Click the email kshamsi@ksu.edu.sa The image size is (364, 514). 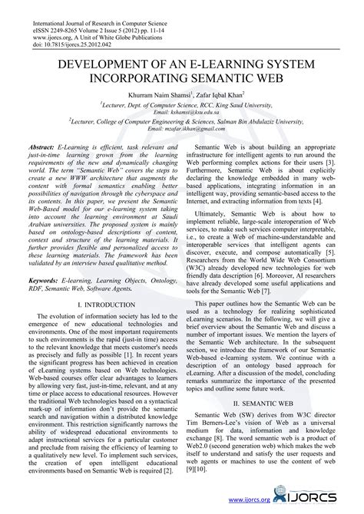pos(181,112)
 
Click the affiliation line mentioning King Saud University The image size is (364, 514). pos(182,104)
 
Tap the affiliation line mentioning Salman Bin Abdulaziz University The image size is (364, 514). pos(182,121)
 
